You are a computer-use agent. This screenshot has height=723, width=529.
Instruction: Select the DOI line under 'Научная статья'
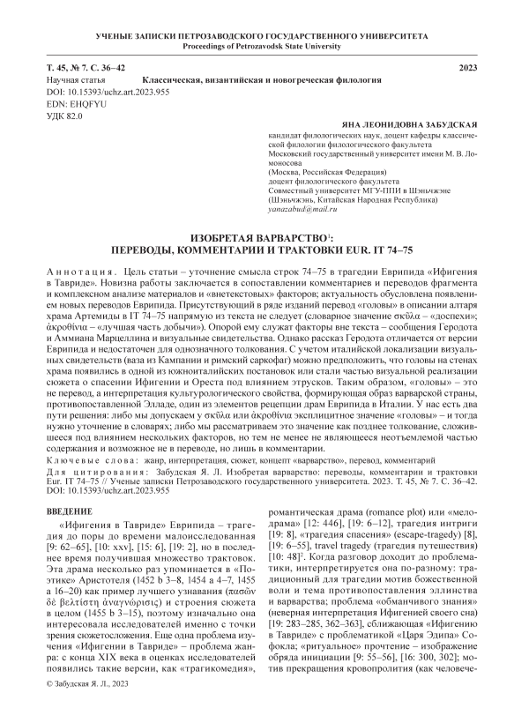99,91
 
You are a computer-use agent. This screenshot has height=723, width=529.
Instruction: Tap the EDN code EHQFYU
78,103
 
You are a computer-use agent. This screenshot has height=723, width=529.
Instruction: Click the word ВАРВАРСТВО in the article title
264,238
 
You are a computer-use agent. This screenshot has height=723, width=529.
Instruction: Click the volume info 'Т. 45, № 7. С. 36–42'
86,68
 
